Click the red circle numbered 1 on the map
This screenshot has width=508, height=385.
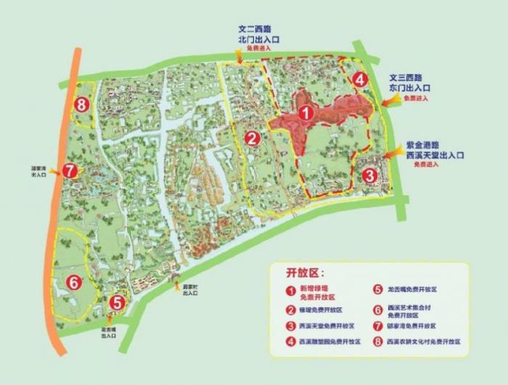point(306,113)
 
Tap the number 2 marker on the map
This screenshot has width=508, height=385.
point(252,138)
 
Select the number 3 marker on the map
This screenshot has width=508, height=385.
point(369,175)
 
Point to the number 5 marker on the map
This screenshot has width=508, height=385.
point(118,304)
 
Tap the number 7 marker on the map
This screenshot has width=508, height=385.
point(70,171)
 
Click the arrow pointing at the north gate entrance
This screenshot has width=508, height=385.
point(252,60)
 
